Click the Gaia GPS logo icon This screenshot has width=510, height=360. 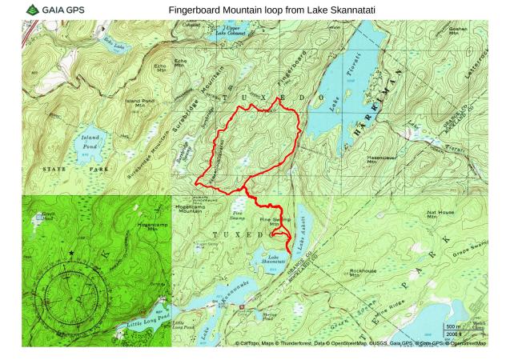click(32, 10)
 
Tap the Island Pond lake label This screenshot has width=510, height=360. click(90, 142)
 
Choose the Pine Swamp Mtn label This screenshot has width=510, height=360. click(275, 221)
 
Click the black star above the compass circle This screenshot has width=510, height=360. click(71, 254)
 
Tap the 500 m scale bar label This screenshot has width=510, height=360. click(453, 327)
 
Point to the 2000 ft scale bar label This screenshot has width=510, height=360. click(453, 334)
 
